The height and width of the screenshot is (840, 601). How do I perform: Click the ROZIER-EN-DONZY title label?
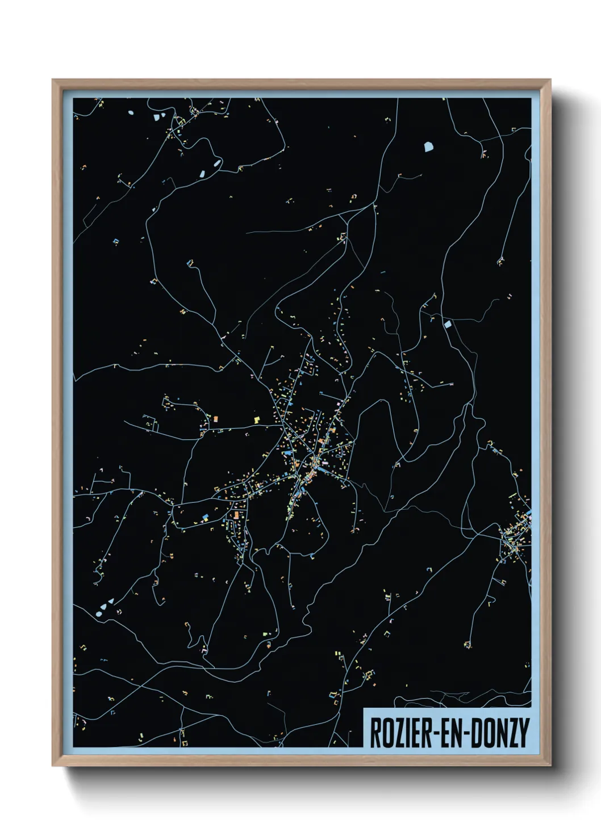(x=449, y=732)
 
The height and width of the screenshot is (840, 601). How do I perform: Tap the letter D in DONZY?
(x=475, y=733)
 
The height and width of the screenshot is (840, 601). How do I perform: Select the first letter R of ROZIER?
(x=376, y=733)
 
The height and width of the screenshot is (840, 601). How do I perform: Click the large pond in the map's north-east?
(x=428, y=146)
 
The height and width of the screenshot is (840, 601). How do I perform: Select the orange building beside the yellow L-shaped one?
(x=216, y=419)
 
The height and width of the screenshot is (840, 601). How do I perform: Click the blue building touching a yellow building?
(x=204, y=516)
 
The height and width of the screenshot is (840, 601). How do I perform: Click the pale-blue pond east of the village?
(x=447, y=324)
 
